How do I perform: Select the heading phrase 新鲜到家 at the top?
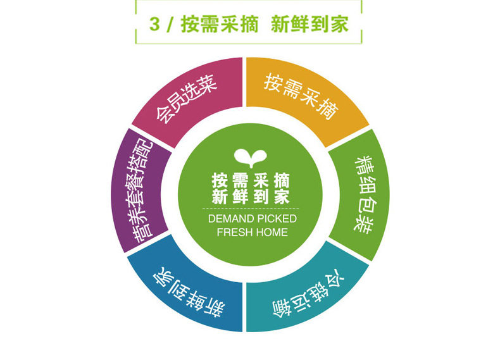309,25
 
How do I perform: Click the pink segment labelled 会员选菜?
186,101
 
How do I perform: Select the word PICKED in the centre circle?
276,219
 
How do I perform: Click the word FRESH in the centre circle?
232,232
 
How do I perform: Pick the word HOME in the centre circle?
272,232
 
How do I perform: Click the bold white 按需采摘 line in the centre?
250,179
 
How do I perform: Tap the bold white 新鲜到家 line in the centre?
250,196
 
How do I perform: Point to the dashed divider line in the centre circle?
250,208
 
